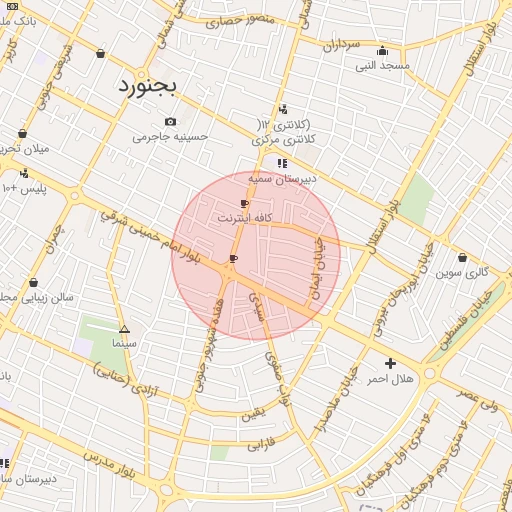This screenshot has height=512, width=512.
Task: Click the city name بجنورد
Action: point(147,86)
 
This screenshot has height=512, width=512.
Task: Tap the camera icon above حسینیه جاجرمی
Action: point(170,122)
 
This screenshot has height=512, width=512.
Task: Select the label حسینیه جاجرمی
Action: point(170,137)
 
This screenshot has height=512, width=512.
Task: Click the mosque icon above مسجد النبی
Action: point(381,52)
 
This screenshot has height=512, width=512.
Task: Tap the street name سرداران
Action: point(340,45)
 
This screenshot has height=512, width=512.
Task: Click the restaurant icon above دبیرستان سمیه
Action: point(282,163)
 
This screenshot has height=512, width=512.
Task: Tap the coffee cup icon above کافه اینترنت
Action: point(244,203)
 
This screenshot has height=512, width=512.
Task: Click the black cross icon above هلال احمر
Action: point(390,363)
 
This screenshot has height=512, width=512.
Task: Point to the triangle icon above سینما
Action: point(124,329)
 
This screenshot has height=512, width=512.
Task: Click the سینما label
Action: point(124,343)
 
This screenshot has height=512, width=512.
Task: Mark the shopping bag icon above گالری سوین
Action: point(462,258)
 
